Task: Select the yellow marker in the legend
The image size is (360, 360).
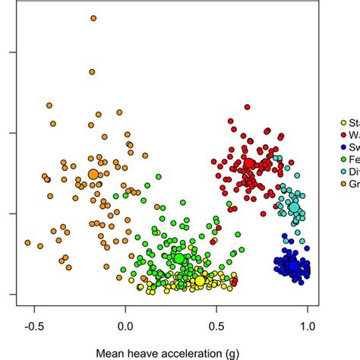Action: [x=343, y=122]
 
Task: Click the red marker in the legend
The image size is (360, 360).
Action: [x=343, y=134]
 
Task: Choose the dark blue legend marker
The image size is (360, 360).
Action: [x=343, y=147]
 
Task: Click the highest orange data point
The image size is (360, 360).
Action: [x=93, y=17]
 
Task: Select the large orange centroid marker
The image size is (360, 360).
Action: [x=93, y=175]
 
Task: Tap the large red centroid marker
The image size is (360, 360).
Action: [x=248, y=164]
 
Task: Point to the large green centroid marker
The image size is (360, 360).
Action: [x=180, y=259]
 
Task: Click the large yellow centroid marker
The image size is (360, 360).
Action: [x=199, y=281]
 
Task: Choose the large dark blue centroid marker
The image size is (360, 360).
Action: [x=292, y=265]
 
